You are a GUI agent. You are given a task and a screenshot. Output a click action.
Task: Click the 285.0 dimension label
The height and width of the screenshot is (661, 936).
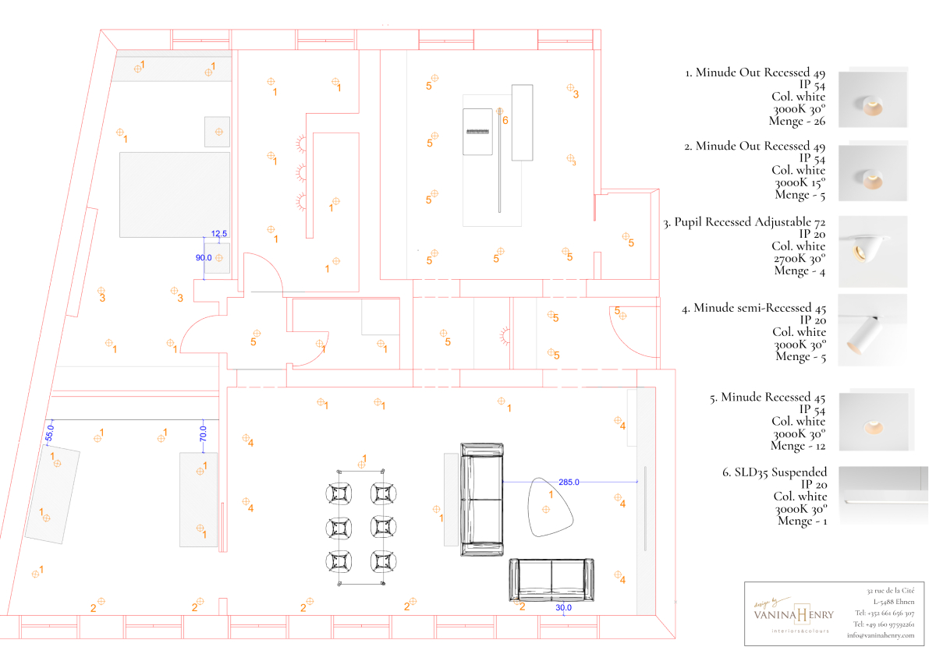[569, 482]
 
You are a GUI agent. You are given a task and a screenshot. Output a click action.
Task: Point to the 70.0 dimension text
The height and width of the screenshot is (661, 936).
[203, 433]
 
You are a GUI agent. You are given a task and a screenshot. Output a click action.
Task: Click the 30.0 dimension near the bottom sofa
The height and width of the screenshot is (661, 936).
[563, 607]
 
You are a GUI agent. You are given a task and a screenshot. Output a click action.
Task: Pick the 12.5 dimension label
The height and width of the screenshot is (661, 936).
[219, 234]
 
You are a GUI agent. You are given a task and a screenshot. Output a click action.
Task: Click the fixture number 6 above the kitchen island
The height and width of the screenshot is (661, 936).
[505, 121]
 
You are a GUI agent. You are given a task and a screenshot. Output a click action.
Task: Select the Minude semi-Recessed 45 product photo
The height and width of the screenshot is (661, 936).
[872, 329]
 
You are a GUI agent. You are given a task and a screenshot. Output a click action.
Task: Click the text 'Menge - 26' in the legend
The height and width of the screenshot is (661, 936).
[798, 121]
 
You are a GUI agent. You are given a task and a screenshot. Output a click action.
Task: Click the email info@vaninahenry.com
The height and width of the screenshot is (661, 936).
[881, 635]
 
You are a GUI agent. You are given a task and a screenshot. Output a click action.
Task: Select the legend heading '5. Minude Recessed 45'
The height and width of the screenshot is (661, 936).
[768, 398]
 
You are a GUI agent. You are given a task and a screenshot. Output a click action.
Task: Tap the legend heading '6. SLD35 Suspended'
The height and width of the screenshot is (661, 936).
[775, 472]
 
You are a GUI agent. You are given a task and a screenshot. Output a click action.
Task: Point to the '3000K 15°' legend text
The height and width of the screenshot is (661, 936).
[799, 183]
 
